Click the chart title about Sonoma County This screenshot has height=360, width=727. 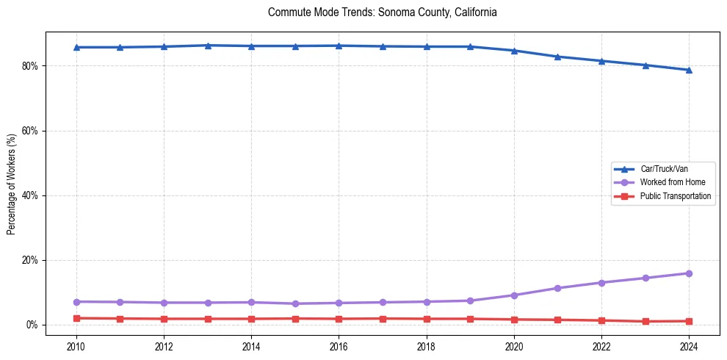383,12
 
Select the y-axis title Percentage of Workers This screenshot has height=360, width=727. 11,184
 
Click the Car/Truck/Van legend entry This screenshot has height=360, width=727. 664,169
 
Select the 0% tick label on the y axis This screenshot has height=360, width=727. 32,325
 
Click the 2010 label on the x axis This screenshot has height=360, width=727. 76,345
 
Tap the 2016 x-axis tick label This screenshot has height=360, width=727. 339,345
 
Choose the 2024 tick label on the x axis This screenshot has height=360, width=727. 689,345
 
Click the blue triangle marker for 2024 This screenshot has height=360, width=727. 689,70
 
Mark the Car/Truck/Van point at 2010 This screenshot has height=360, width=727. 76,47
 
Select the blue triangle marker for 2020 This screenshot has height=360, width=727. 514,51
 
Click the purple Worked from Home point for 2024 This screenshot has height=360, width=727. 689,273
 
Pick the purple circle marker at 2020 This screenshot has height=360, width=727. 514,295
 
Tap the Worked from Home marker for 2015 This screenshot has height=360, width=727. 295,303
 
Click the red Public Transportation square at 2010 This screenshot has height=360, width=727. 76,318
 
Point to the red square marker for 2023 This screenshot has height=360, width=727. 645,321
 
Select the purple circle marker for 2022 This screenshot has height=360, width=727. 601,283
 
